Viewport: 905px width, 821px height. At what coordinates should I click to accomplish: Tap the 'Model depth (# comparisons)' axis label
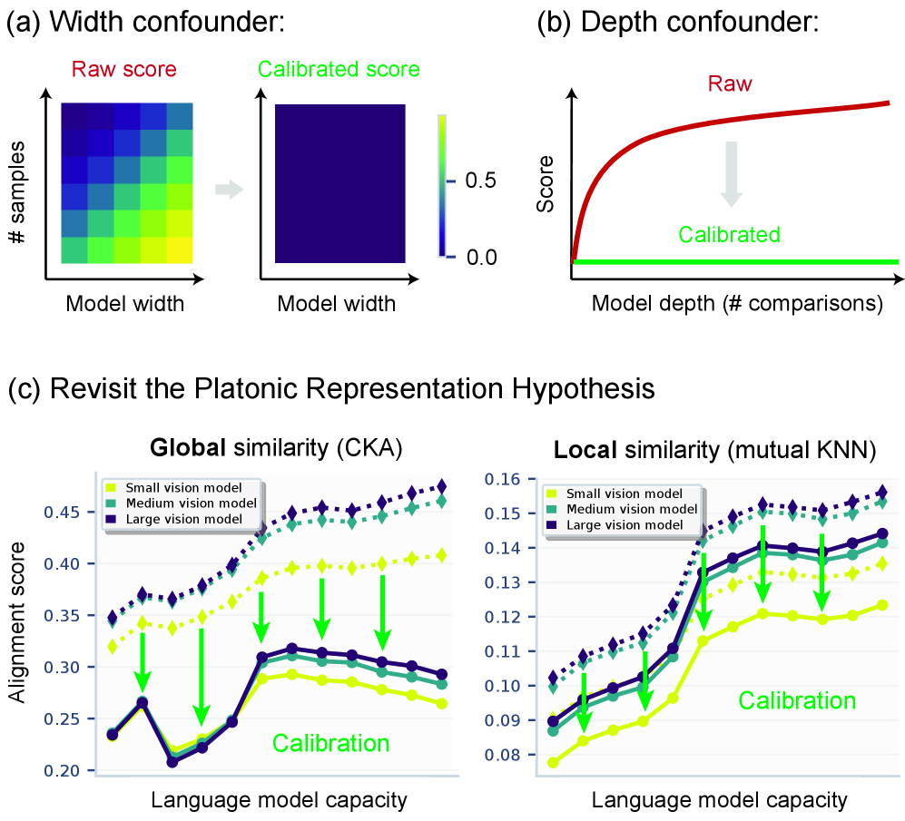coord(737,302)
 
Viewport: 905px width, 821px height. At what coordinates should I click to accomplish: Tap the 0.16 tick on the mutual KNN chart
coord(502,479)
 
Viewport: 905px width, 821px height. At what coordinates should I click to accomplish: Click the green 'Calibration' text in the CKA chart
coord(331,743)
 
